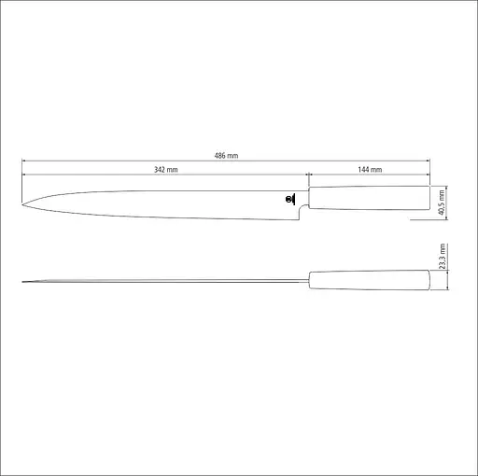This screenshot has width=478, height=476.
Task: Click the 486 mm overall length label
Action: [225, 156]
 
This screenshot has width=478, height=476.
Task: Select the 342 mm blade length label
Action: [166, 170]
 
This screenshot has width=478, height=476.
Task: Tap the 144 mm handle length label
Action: [370, 170]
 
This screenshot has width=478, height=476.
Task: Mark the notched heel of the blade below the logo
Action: [299, 216]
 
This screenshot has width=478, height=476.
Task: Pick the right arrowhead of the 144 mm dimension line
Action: [429, 175]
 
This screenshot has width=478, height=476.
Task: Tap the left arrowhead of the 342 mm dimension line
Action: [23, 175]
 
